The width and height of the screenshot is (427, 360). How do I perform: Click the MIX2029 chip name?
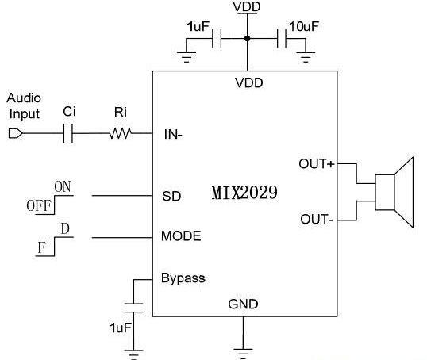244,193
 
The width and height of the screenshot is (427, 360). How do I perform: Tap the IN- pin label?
173,135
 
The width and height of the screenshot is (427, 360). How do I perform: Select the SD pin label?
171,196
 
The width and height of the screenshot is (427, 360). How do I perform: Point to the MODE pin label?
181,236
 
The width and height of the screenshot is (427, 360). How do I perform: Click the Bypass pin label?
183,278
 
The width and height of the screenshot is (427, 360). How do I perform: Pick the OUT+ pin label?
317,164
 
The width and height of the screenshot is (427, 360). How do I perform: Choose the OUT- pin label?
317,220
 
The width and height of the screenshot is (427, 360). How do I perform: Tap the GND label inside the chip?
243,304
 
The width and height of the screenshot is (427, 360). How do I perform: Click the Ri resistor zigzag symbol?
121,133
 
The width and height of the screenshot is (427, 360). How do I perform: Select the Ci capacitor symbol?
68,133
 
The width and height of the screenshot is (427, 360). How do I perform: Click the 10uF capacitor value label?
304,27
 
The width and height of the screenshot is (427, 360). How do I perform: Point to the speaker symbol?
394,192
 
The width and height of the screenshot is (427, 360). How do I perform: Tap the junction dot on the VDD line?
247,39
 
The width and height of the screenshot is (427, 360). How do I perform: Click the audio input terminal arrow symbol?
16,133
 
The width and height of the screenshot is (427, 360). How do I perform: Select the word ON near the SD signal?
63,186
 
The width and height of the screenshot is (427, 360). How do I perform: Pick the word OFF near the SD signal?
39,205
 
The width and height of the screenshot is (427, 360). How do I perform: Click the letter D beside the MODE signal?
65,229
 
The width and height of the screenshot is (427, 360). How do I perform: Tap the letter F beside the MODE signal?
41,247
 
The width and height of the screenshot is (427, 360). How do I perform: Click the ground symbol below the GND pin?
243,354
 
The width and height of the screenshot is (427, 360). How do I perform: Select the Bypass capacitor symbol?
133,308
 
